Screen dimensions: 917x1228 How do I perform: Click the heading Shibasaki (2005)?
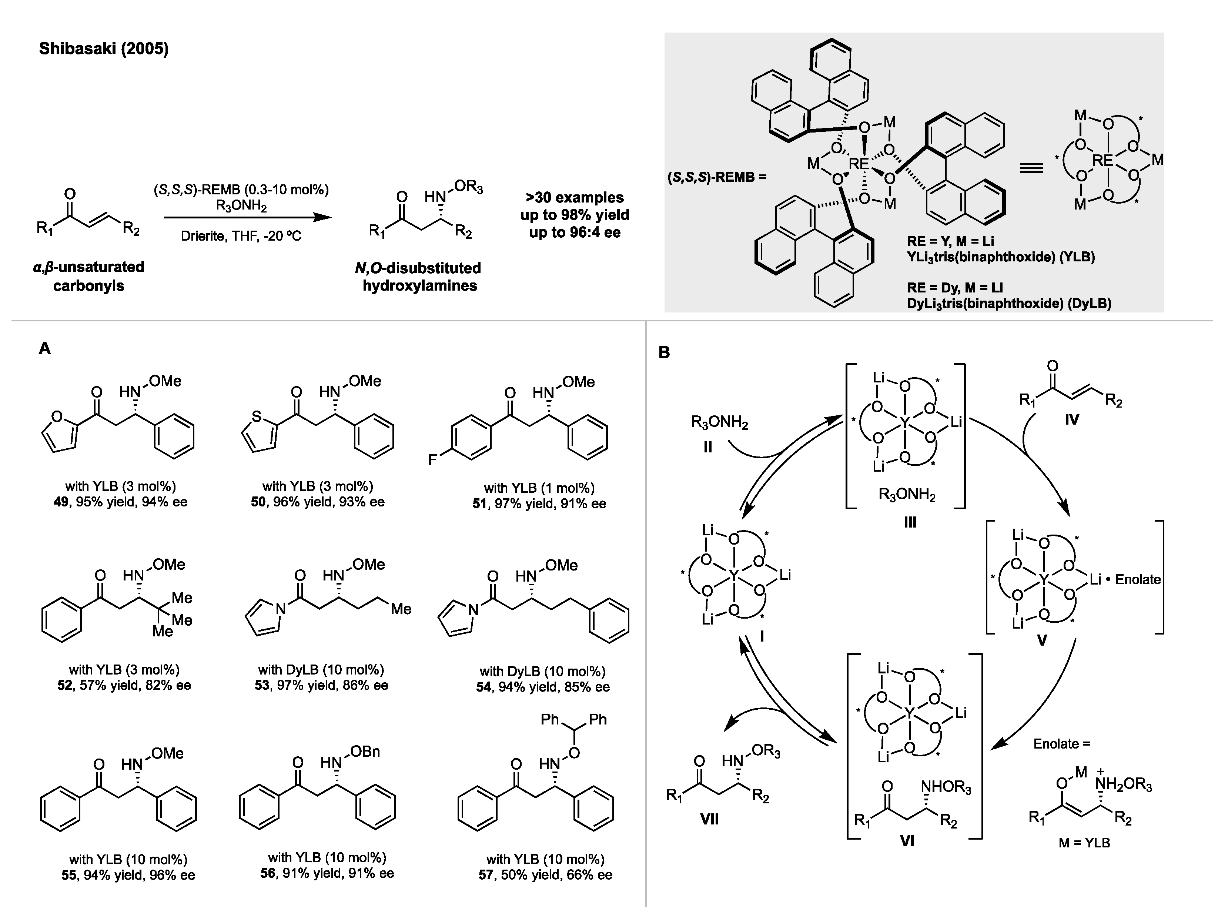click(103, 49)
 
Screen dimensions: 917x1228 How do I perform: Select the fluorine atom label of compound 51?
click(432, 459)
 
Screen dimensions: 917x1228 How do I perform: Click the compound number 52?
click(64, 686)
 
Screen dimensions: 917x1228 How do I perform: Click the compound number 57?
click(486, 876)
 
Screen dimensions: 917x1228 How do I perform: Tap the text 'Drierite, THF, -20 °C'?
click(241, 237)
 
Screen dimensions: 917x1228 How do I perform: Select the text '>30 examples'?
click(575, 198)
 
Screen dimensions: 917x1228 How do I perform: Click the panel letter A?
click(44, 349)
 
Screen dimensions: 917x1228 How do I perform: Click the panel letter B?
click(664, 352)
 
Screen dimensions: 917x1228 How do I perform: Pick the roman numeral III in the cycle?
click(909, 522)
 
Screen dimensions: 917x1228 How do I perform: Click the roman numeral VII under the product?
click(709, 819)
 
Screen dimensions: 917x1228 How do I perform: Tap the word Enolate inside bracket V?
click(1138, 579)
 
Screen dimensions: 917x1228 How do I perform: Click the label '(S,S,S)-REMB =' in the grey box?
click(716, 178)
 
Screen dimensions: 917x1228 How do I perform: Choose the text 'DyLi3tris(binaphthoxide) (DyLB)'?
click(1009, 304)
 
